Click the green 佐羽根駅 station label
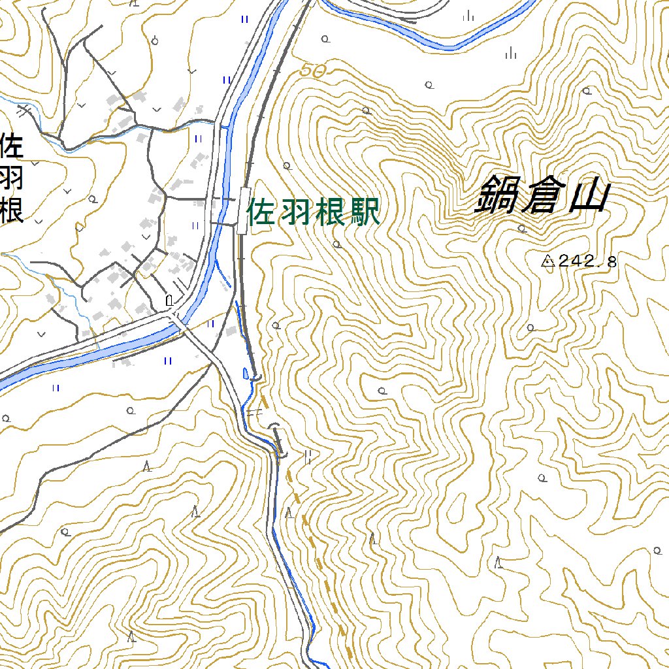point(314,213)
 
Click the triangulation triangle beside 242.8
point(547,262)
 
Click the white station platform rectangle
point(242,210)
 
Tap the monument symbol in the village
point(170,301)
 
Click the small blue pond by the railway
point(246,374)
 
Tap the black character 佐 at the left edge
point(12,145)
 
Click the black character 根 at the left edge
point(12,210)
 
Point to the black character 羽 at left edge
point(12,178)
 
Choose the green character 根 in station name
point(330,213)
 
